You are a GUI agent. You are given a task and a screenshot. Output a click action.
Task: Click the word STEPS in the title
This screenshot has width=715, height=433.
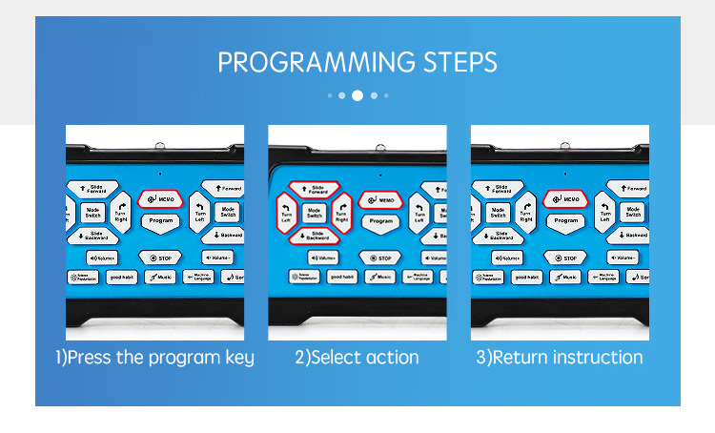459,63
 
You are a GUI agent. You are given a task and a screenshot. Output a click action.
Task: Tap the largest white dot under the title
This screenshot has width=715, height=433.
357,95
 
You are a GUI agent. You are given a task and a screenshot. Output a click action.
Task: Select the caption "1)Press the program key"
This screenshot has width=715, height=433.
154,358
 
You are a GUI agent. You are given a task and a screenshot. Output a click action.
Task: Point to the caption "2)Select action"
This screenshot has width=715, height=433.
357,358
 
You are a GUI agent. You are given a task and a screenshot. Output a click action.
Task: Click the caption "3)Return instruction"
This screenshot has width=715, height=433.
560,358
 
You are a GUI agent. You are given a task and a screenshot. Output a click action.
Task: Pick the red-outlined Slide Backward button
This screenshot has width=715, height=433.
316,236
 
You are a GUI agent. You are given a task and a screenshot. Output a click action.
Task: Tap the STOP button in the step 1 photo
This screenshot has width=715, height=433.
160,258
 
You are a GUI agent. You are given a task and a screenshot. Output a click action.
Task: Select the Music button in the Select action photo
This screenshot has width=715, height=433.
379,277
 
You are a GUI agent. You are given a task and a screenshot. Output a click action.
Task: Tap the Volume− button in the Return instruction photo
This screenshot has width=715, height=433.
623,258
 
